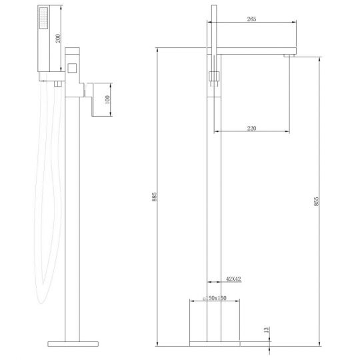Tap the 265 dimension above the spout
(251, 20)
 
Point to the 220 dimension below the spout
(251, 128)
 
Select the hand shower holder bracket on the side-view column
(213, 77)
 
